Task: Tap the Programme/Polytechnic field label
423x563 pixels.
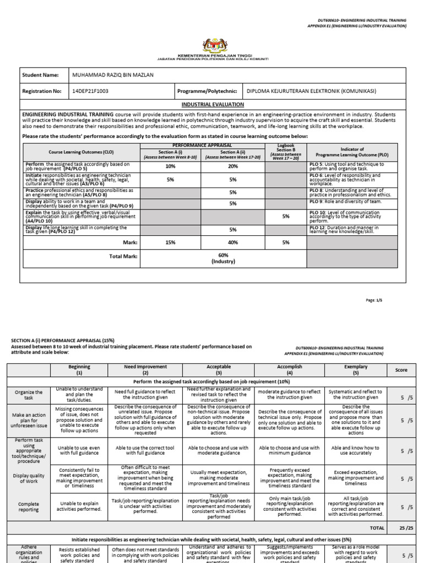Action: tap(208, 91)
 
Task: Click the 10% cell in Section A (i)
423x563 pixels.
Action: tap(170, 166)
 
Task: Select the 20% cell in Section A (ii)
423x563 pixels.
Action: tap(232, 166)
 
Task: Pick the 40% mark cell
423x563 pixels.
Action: tap(232, 242)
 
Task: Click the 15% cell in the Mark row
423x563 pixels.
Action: tap(170, 242)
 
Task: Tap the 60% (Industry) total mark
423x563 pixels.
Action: tap(223, 258)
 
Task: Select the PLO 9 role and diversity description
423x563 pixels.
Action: tap(345, 202)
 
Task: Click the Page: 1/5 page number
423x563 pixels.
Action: tap(397, 301)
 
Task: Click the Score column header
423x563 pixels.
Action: tap(401, 370)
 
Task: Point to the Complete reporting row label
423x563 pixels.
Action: tap(29, 506)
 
